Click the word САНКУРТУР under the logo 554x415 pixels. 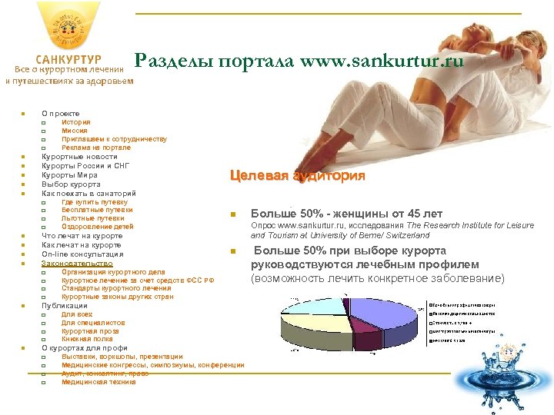coord(68,59)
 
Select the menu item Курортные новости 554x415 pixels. coord(79,157)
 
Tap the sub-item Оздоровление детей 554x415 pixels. coord(98,227)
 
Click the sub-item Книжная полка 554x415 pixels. coord(87,339)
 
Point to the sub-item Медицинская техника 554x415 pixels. coord(98,382)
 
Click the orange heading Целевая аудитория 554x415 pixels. coord(297,176)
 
